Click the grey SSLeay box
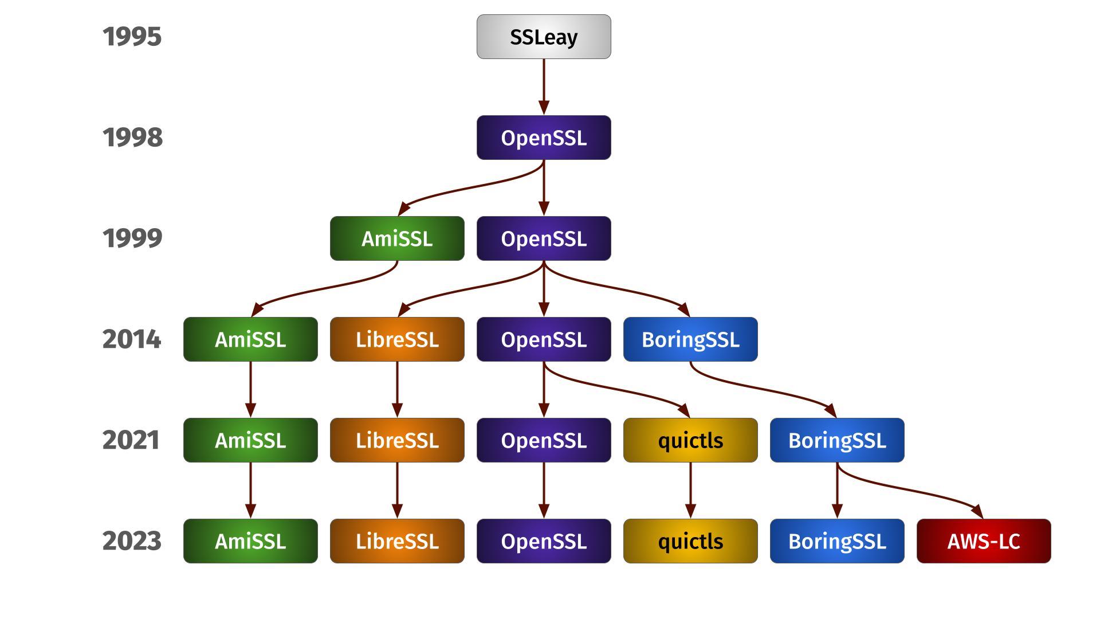544,37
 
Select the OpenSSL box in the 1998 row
544,138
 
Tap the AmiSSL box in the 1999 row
397,238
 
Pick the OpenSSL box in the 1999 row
544,238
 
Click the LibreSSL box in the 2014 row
397,339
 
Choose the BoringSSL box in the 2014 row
690,339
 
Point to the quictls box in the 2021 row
690,440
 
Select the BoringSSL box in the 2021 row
837,440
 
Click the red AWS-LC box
984,541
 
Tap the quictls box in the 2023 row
690,541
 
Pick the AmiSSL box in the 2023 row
250,541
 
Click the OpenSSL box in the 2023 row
544,541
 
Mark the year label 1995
132,37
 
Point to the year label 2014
132,339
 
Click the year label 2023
132,541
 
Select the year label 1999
132,238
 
